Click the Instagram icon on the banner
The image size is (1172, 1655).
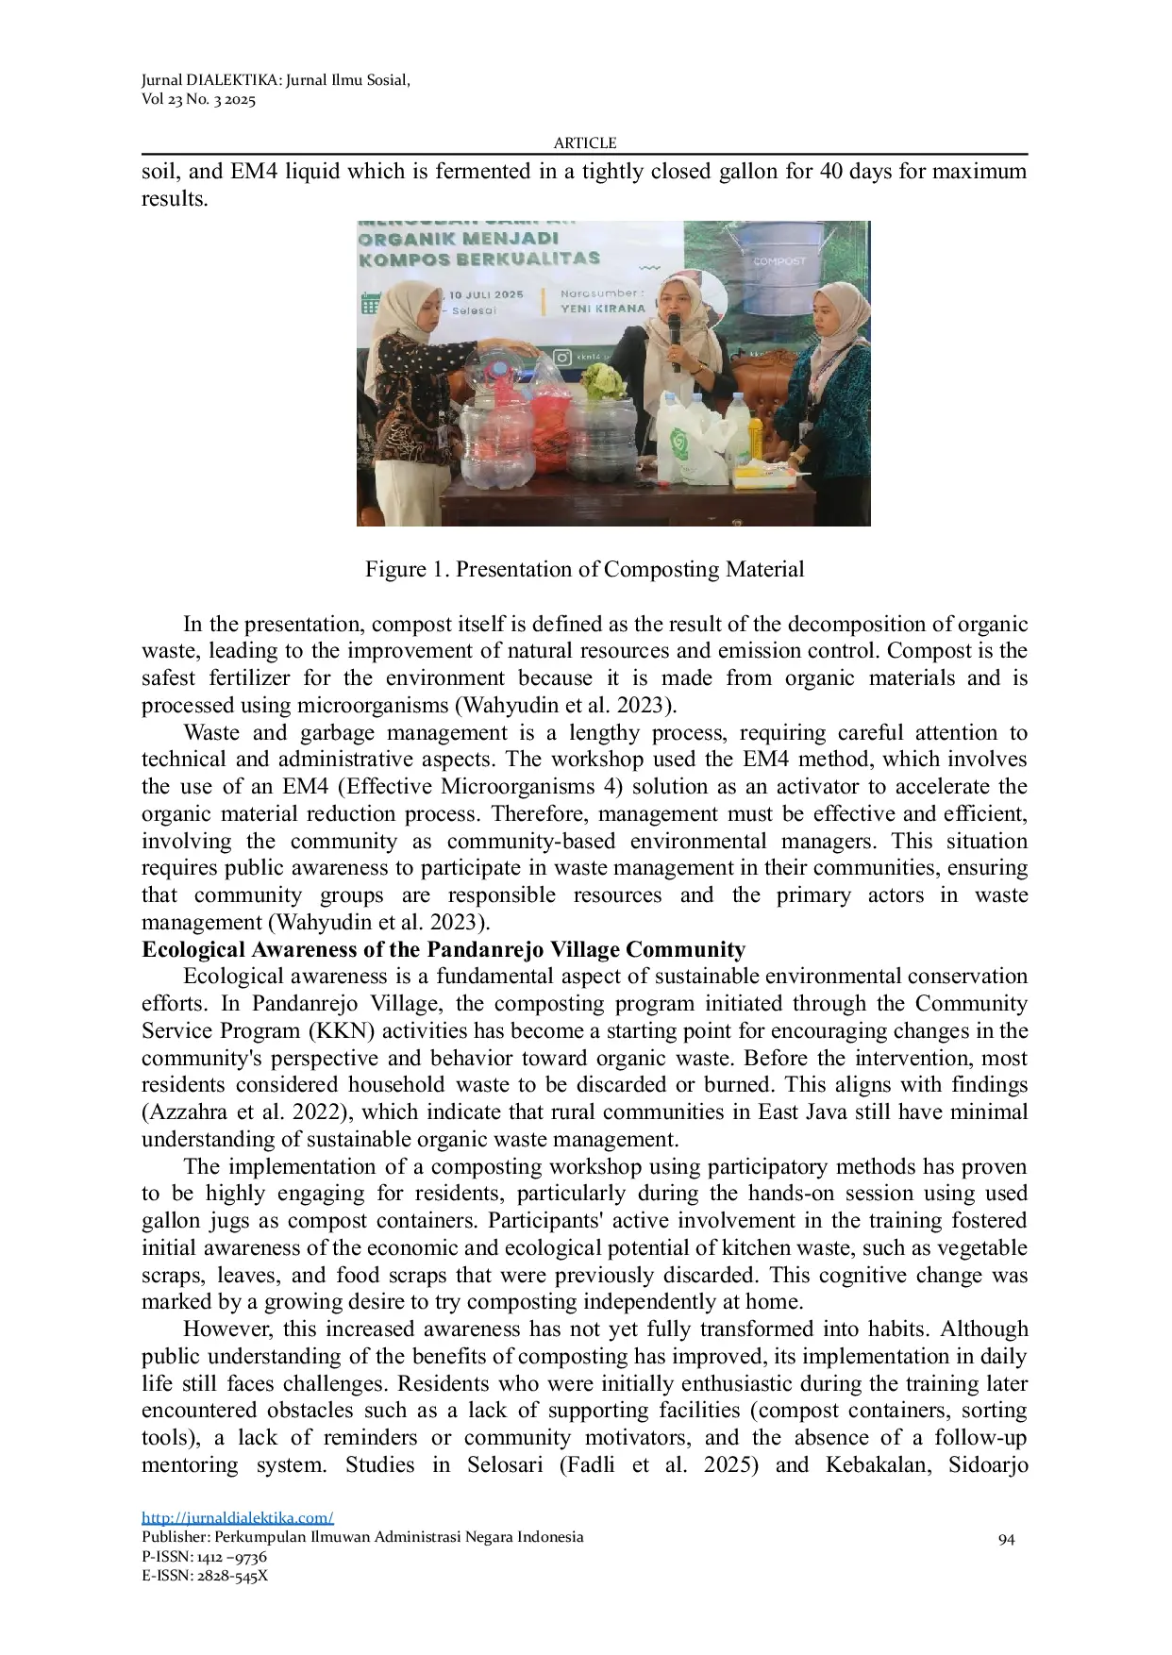coord(562,358)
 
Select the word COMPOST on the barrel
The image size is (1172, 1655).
coord(779,260)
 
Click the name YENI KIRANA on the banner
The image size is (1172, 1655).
coord(602,309)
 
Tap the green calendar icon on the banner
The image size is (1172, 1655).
coord(370,304)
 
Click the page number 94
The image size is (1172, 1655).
coord(1006,1539)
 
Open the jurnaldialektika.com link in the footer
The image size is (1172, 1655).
coord(238,1517)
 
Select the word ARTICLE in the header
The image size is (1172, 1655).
coord(585,142)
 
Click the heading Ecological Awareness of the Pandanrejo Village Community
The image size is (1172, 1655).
coord(444,949)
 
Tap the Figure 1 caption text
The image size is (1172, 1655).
coord(585,569)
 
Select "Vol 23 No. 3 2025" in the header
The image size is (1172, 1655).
coord(199,99)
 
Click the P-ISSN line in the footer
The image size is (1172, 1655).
coord(205,1557)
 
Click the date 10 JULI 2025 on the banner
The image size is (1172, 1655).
coord(486,294)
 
